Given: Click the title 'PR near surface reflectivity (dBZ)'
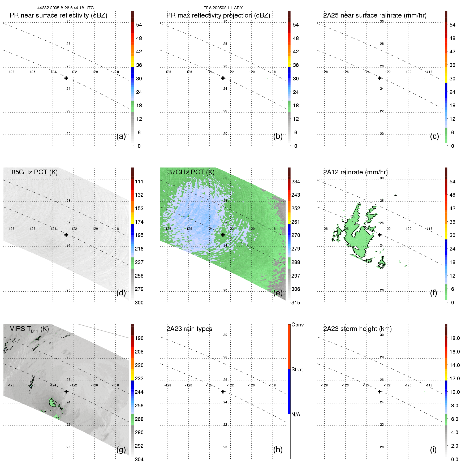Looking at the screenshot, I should (x=58, y=15).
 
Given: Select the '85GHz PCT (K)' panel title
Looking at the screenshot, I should (x=35, y=172).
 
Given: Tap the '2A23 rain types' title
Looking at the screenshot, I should (x=189, y=329).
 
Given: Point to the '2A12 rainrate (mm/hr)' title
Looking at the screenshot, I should (x=355, y=172).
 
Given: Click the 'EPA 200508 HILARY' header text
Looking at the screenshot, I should (x=223, y=8).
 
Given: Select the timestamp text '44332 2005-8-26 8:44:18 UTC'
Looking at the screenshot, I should (x=66, y=8).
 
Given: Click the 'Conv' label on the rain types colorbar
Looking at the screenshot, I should (x=297, y=325).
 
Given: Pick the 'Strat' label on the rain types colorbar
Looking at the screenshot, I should (x=297, y=369).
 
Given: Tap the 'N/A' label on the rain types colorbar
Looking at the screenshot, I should (x=296, y=415).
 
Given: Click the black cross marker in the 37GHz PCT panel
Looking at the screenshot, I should (x=223, y=235).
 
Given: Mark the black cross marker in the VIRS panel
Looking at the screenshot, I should (x=66, y=391).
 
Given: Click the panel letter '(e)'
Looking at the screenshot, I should (x=278, y=293).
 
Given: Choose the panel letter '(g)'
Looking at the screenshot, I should (x=121, y=450).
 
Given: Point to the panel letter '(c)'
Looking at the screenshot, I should (x=434, y=136).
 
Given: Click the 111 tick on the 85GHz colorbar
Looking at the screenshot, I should (x=139, y=182).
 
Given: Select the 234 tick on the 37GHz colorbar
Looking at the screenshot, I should (x=296, y=182).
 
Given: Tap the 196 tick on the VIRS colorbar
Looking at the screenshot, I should (x=139, y=338).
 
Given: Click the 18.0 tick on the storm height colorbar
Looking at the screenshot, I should (x=455, y=338).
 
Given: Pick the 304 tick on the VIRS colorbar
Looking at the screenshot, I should (x=139, y=459).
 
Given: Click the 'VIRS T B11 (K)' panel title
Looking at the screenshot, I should (x=29, y=329).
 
